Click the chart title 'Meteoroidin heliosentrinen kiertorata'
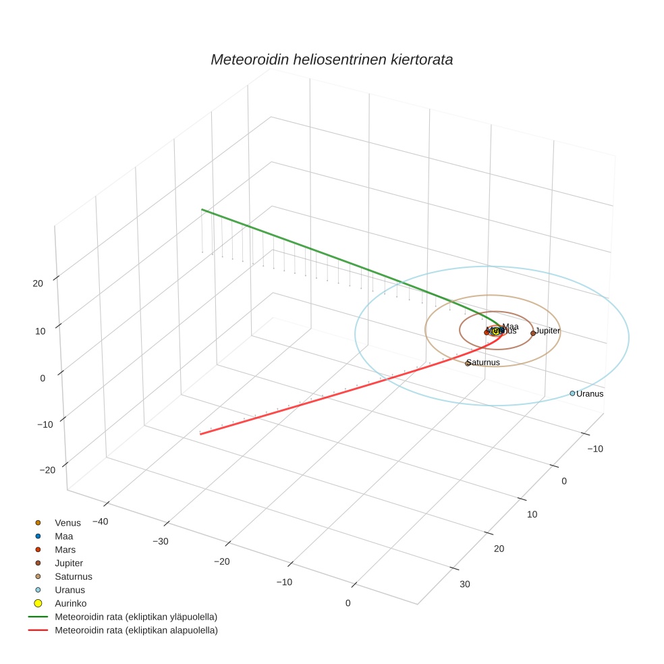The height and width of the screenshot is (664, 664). (331, 59)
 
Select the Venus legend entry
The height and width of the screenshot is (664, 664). (67, 523)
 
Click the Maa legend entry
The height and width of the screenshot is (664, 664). (63, 536)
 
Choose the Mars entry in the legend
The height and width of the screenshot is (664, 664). (65, 550)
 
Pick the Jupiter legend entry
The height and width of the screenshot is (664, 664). (69, 563)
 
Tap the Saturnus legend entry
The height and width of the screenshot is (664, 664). (73, 577)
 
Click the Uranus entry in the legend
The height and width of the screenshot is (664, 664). (70, 590)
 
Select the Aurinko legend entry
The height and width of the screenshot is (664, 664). (70, 603)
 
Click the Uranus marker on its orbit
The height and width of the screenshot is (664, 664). (572, 393)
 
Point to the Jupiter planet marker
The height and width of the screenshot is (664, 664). (533, 333)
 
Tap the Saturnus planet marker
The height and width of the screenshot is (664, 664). (467, 363)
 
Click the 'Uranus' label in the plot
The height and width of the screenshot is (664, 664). (590, 394)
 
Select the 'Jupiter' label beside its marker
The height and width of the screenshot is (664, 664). (548, 331)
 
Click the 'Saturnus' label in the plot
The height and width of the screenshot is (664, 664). (484, 362)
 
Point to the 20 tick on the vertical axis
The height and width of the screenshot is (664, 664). (38, 283)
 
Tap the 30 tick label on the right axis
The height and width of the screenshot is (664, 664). (465, 584)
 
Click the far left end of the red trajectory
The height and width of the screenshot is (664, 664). (200, 434)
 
